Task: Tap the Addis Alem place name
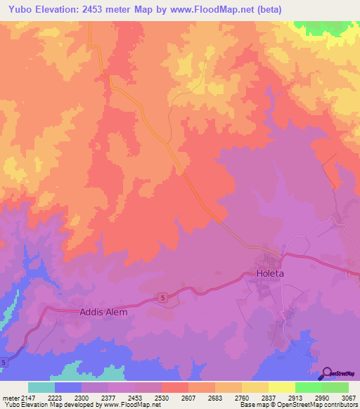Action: pyautogui.click(x=105, y=312)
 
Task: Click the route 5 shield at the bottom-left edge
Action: pyautogui.click(x=4, y=362)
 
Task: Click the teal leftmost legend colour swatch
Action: pyautogui.click(x=41, y=387)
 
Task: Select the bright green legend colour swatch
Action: pyautogui.click(x=308, y=387)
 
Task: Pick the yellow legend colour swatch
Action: pyautogui.click(x=281, y=387)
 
